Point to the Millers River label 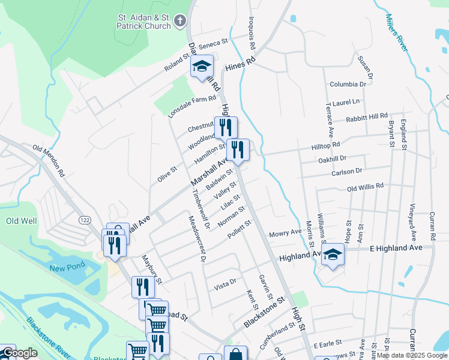click(x=399, y=32)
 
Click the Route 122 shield click(x=82, y=221)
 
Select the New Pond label click(x=64, y=268)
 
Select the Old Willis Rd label click(x=365, y=187)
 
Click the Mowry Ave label click(x=285, y=233)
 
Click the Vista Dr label click(x=225, y=284)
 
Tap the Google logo click(x=20, y=353)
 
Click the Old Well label click(x=21, y=221)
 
